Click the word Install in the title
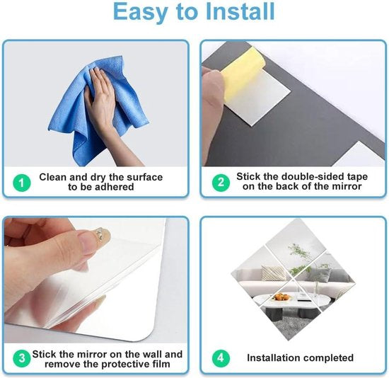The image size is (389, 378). [x=240, y=11]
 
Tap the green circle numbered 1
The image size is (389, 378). [x=22, y=183]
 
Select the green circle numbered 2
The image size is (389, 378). [x=221, y=183]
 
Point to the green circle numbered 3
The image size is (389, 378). [x=22, y=358]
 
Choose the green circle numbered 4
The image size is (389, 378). [x=221, y=358]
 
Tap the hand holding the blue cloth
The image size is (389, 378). [x=104, y=104]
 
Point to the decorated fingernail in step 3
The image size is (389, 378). [x=103, y=235]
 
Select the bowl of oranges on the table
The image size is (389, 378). [x=281, y=297]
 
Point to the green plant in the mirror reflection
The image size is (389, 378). [x=300, y=258]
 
